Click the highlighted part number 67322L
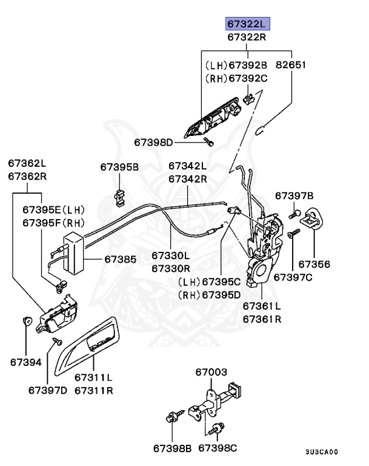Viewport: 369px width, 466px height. click(x=247, y=24)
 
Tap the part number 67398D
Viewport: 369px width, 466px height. click(x=153, y=143)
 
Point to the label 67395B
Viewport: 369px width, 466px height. click(x=119, y=166)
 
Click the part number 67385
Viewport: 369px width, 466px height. click(x=121, y=258)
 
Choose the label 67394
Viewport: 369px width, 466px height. click(x=25, y=362)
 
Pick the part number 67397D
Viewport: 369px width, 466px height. click(x=47, y=390)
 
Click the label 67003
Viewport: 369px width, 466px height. click(x=211, y=371)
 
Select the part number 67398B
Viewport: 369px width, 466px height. click(x=172, y=448)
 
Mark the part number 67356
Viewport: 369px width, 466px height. click(x=314, y=264)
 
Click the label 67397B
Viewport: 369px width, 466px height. click(x=294, y=195)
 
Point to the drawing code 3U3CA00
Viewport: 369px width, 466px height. click(x=321, y=452)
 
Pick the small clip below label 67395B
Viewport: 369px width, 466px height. click(x=119, y=194)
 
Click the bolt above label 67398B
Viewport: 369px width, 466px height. click(x=171, y=417)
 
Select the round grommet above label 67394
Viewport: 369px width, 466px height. click(x=26, y=320)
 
